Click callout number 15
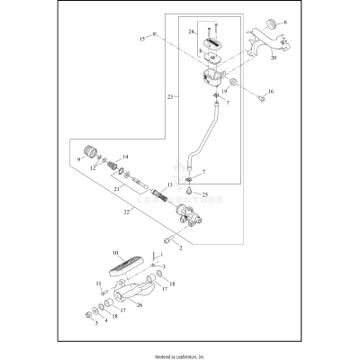(x=141, y=39)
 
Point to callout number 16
(x=272, y=92)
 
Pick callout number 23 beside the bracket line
(x=169, y=96)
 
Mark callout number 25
(x=205, y=194)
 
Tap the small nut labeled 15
(x=156, y=34)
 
